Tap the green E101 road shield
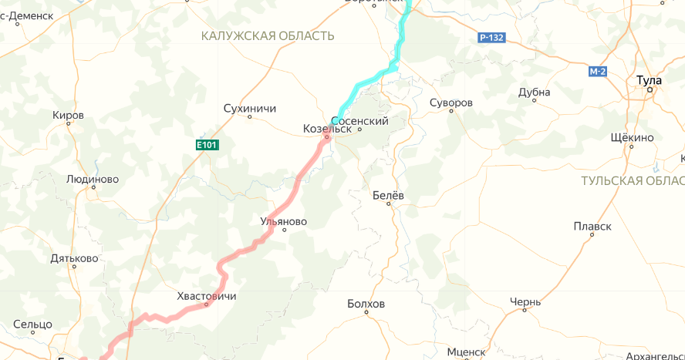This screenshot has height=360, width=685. pos(207,144)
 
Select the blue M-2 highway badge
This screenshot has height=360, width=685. pos(597,72)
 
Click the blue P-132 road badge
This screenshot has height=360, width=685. pos(491,37)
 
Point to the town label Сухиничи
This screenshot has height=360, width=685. pos(249,108)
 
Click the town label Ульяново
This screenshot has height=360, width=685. pos(283,221)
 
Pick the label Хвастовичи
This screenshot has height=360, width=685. pos(207,296)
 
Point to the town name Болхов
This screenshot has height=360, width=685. pos(366,304)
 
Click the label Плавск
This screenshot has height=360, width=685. pos(592,226)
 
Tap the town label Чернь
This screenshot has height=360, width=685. pos(525,301)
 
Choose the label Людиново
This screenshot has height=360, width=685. pos(93,179)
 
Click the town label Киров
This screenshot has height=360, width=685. pos(68,115)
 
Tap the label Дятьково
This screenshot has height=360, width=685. pos(74,258)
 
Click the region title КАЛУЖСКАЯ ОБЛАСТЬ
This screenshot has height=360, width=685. pos(267,36)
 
